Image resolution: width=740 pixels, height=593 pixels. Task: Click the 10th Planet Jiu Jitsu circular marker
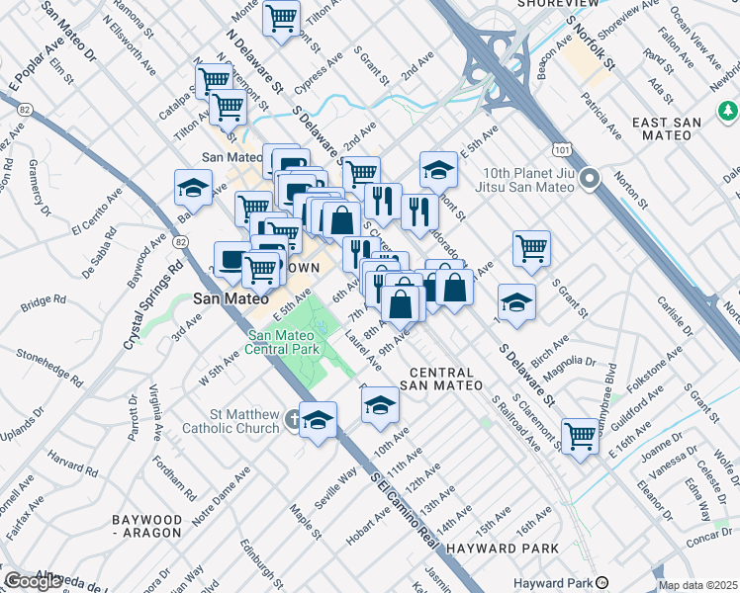tap(591, 180)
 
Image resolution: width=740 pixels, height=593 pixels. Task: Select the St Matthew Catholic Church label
tap(231, 422)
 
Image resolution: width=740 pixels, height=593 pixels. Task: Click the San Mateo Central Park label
tap(284, 342)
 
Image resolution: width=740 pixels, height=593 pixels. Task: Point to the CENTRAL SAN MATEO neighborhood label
tap(446, 378)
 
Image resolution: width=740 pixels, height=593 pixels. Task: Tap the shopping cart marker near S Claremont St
tap(580, 434)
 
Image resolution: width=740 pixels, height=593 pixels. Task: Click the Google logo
tap(34, 581)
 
